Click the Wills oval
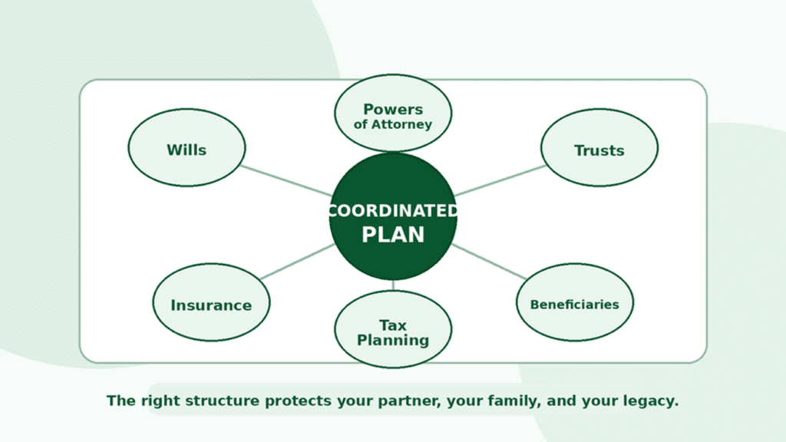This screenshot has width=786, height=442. [187, 148]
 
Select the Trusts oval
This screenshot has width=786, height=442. [599, 148]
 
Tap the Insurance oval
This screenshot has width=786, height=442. [211, 302]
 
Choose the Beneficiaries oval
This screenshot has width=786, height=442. [574, 302]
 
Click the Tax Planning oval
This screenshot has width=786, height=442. [393, 329]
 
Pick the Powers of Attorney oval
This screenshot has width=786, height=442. [393, 114]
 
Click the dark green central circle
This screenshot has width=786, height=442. [393, 216]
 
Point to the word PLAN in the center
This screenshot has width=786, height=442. [393, 235]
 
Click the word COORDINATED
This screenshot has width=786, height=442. [393, 211]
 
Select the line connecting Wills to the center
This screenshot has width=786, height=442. [286, 180]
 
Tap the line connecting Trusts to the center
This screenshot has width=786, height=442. [500, 180]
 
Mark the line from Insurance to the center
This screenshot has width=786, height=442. [298, 262]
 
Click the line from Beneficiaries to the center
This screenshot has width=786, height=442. [489, 262]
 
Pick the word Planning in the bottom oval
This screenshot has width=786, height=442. [393, 340]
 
